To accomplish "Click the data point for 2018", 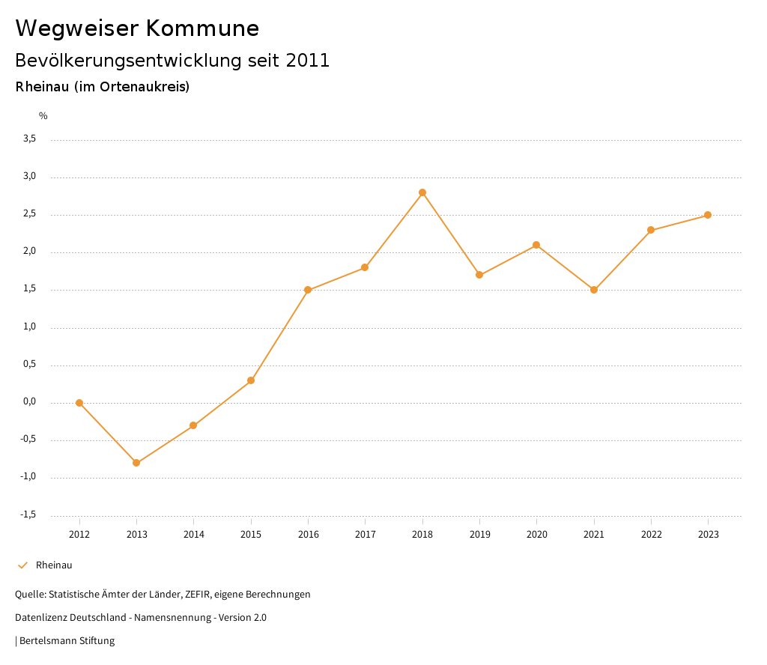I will point(422,192).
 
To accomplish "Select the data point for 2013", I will point(136,463).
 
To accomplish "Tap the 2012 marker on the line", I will point(79,403).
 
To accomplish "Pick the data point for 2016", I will point(308,290).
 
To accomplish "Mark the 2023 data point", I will point(708,215).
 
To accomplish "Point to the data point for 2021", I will point(594,290).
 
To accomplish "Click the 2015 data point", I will point(251,380).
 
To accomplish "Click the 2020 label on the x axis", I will point(537,535).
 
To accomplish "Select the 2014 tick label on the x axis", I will point(193,535).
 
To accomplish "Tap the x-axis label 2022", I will point(651,535).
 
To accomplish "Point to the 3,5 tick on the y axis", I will point(30,139).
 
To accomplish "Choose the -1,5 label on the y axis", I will point(28,514).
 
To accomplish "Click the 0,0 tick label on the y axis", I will point(30,402).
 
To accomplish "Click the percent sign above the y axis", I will point(43,116).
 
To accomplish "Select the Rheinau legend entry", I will point(54,565).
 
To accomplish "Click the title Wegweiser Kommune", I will point(137,28).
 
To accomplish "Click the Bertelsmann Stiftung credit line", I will point(67,641).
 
